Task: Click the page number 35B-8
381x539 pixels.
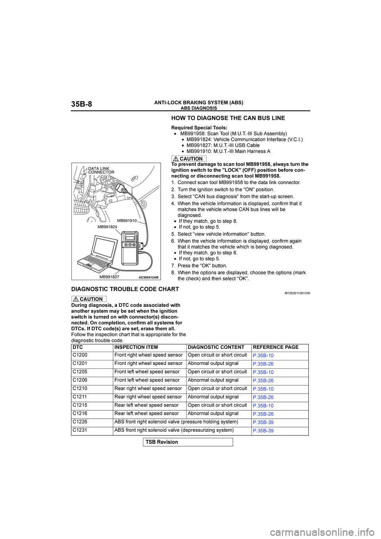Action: point(81,104)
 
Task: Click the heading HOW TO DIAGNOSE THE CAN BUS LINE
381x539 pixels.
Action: point(228,118)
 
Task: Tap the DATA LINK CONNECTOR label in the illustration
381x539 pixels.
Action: point(101,171)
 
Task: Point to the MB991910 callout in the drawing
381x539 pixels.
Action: point(127,221)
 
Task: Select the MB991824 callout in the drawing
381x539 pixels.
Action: point(107,227)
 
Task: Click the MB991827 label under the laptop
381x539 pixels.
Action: point(109,277)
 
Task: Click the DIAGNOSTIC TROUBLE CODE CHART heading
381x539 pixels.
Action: point(125,289)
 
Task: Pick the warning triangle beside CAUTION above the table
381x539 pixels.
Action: point(76,299)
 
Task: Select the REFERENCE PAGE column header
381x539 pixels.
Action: point(275,347)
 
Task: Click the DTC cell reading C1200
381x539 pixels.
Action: point(80,355)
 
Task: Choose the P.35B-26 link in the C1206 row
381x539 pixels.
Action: point(263,381)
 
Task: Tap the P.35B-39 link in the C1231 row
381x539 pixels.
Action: point(263,431)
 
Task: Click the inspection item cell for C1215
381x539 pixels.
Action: point(146,405)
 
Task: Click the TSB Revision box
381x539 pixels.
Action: point(188,442)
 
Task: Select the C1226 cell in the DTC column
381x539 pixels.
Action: point(80,422)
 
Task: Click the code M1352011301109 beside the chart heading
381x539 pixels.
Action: point(297,293)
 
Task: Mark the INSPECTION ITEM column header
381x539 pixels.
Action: point(136,347)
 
